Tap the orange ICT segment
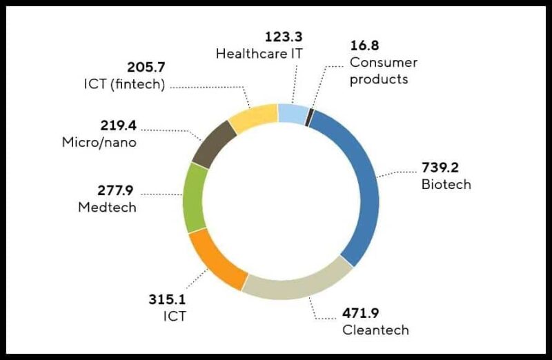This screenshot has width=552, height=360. pos(214,259)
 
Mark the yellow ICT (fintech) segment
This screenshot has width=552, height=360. pos(252,117)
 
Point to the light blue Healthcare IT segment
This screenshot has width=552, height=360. pos(293,112)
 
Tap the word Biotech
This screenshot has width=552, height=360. pos(446,184)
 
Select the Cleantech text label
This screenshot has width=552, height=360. pos(375,330)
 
